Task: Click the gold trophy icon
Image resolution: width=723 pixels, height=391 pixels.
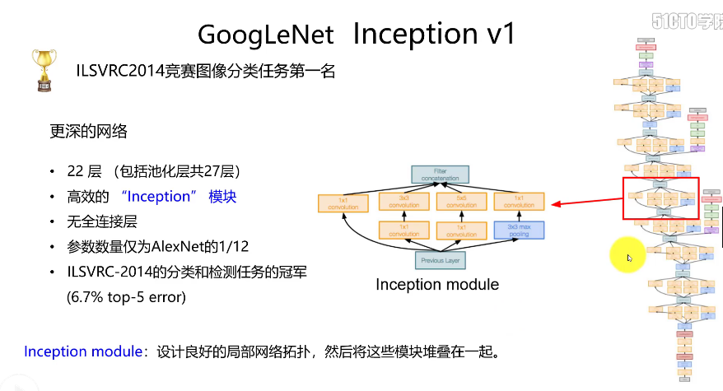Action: click(44, 69)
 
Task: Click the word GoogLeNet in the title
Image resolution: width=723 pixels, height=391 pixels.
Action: click(265, 34)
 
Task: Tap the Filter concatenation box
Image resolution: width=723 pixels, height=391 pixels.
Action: click(440, 175)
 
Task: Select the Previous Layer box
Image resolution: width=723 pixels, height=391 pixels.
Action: click(440, 260)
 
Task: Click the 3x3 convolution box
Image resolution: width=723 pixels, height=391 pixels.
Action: click(404, 202)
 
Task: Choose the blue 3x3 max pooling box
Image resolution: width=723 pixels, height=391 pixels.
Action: click(519, 230)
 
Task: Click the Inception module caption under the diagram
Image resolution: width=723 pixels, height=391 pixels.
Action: click(437, 285)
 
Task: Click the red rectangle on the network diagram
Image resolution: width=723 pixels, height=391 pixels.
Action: click(660, 198)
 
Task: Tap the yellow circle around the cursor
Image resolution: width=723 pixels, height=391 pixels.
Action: click(626, 257)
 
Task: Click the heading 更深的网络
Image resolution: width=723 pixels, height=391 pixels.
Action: click(89, 131)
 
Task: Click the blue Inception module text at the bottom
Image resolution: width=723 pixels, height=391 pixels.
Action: click(83, 351)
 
